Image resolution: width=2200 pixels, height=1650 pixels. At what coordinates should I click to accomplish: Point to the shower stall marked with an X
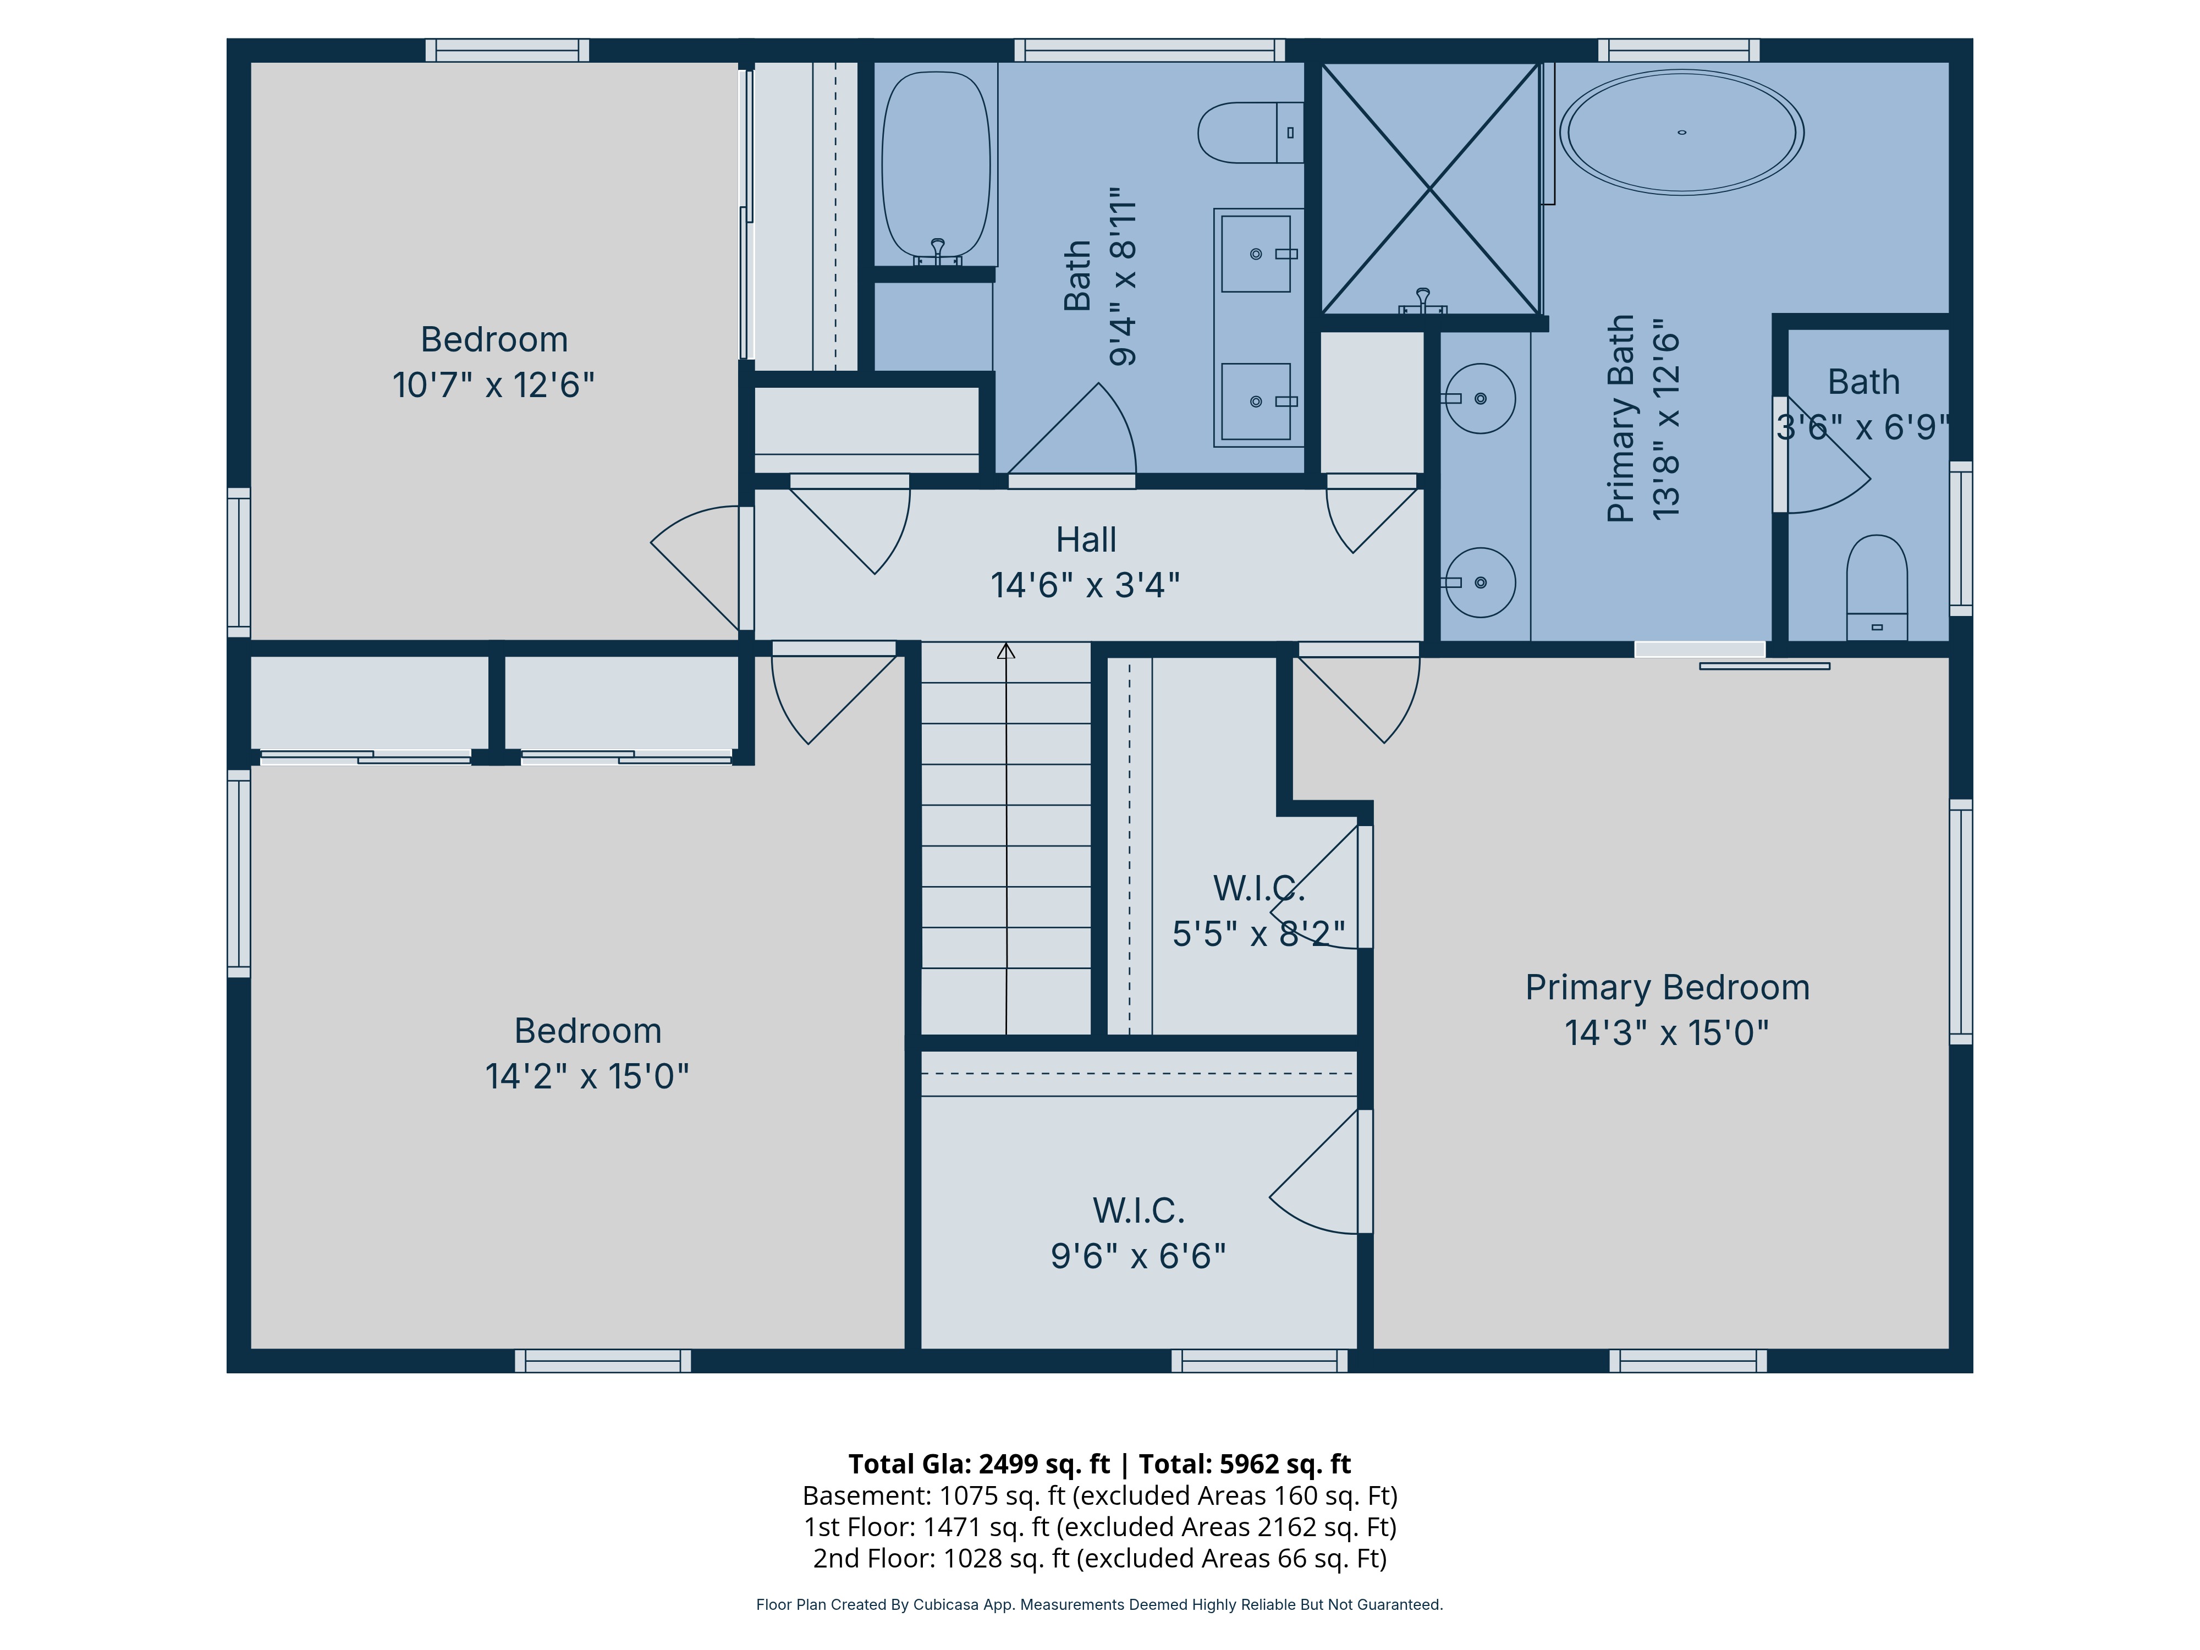point(1429,189)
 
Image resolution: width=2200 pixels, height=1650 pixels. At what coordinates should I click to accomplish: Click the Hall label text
point(1086,540)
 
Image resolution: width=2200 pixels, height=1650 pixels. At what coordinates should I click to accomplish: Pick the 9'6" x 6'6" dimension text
point(1139,1256)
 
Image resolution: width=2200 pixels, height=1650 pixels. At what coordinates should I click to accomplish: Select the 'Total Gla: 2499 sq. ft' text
point(978,1464)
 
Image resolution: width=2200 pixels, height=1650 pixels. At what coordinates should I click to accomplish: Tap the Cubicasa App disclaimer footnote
point(1099,1604)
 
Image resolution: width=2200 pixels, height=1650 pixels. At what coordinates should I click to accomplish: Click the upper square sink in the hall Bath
point(1256,254)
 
